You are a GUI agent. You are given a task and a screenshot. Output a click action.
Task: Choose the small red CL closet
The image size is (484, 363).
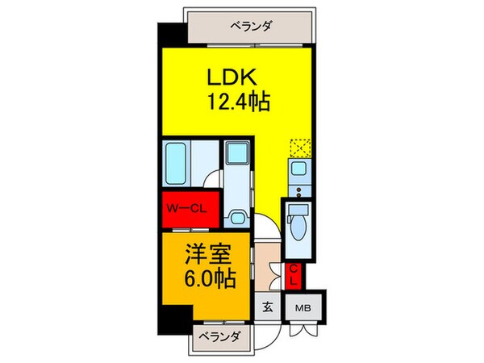[x=295, y=276]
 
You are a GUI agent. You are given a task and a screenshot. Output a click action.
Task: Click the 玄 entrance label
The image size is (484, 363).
[x=267, y=307]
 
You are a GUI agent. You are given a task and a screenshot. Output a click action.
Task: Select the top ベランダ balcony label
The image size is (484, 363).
[x=250, y=26]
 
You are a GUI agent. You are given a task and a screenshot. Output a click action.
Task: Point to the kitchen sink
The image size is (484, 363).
[x=296, y=171]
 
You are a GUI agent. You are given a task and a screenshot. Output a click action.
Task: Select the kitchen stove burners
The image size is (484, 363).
[x=296, y=193]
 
